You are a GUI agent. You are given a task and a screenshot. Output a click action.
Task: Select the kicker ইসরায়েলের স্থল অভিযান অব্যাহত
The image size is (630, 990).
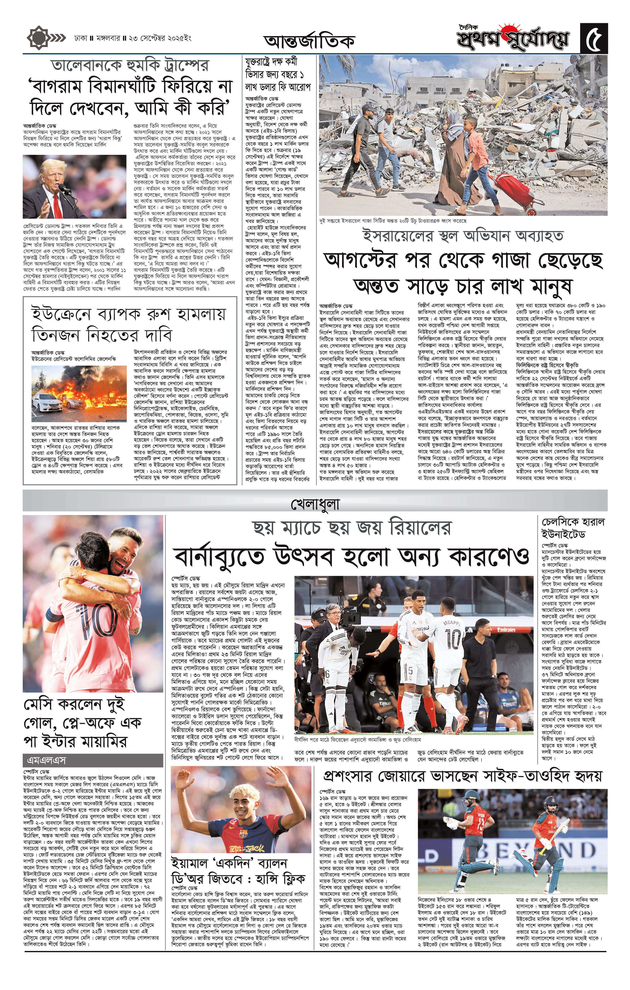pos(463,236)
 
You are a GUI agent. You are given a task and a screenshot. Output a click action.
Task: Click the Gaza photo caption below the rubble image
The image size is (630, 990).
pos(393,220)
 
